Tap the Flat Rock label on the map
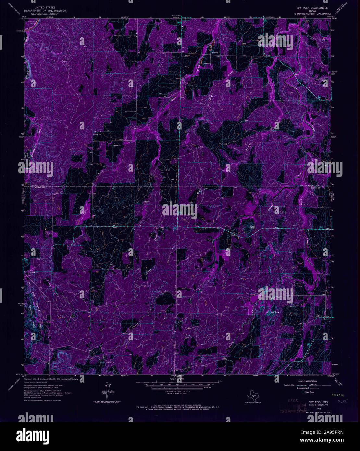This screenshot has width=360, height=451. coord(252,227)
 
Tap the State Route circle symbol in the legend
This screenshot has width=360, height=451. coord(303,392)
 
